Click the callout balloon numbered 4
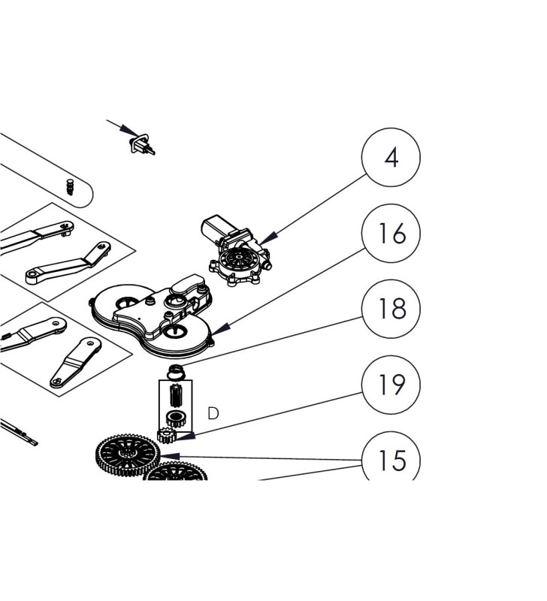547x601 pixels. point(391,159)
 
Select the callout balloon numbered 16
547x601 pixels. point(391,234)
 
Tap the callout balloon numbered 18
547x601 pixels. point(391,309)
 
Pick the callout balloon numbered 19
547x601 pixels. point(391,385)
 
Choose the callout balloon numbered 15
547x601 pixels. point(391,459)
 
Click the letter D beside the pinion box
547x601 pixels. point(213,413)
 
